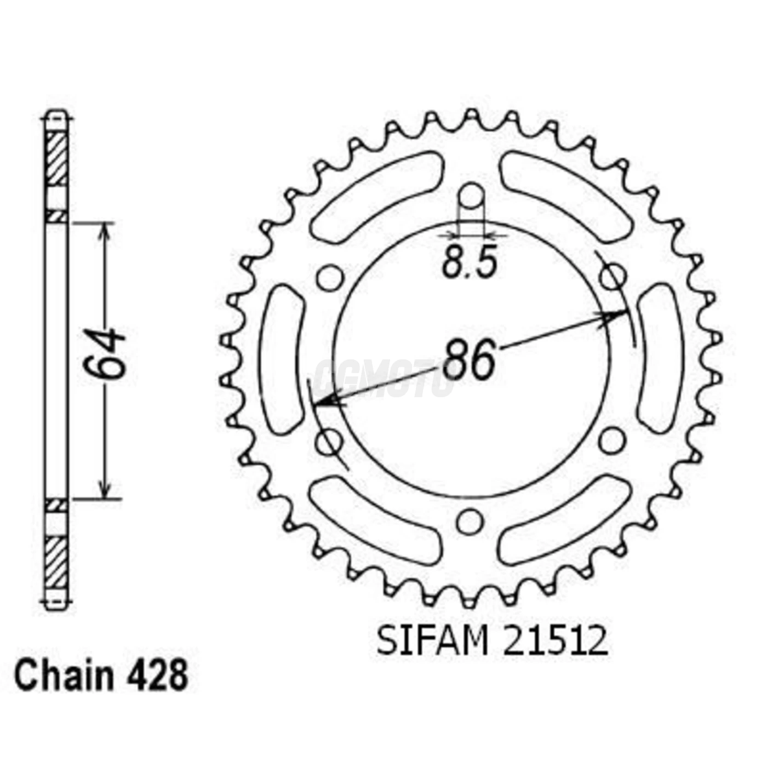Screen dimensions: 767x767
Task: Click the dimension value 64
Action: coord(104,354)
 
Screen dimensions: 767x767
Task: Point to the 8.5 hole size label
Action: coord(470,264)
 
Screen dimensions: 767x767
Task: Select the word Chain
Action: coord(64,676)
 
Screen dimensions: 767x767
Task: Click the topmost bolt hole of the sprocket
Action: coord(471,196)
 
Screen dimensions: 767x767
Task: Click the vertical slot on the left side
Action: coord(284,359)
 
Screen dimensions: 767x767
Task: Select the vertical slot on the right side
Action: coord(660,359)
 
